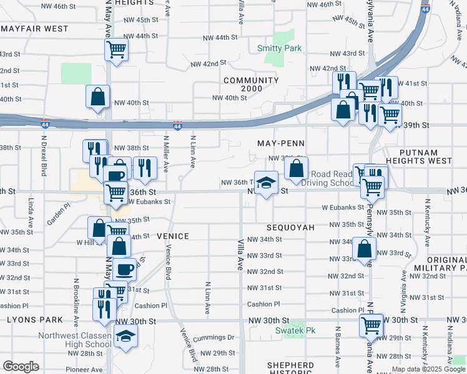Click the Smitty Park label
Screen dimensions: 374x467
280,48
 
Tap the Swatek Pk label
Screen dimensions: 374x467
296,330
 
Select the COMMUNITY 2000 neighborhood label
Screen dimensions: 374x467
251,85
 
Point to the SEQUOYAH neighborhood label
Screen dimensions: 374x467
291,228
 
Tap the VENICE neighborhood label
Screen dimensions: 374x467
172,236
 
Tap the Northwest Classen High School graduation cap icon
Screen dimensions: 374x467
127,337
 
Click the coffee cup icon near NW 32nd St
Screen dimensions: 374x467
125,269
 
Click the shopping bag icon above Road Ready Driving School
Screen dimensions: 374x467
296,167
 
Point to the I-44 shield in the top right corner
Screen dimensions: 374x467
425,10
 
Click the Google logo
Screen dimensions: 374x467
20,367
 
